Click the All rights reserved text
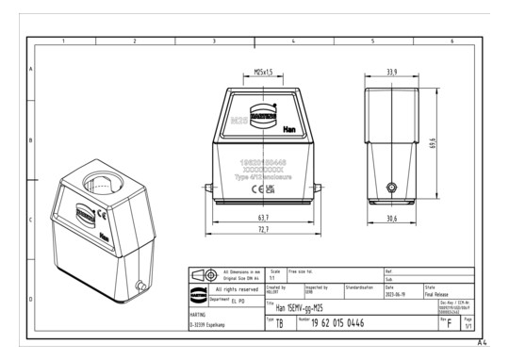(231, 288)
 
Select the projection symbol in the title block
(204, 274)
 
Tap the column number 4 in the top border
(293, 42)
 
